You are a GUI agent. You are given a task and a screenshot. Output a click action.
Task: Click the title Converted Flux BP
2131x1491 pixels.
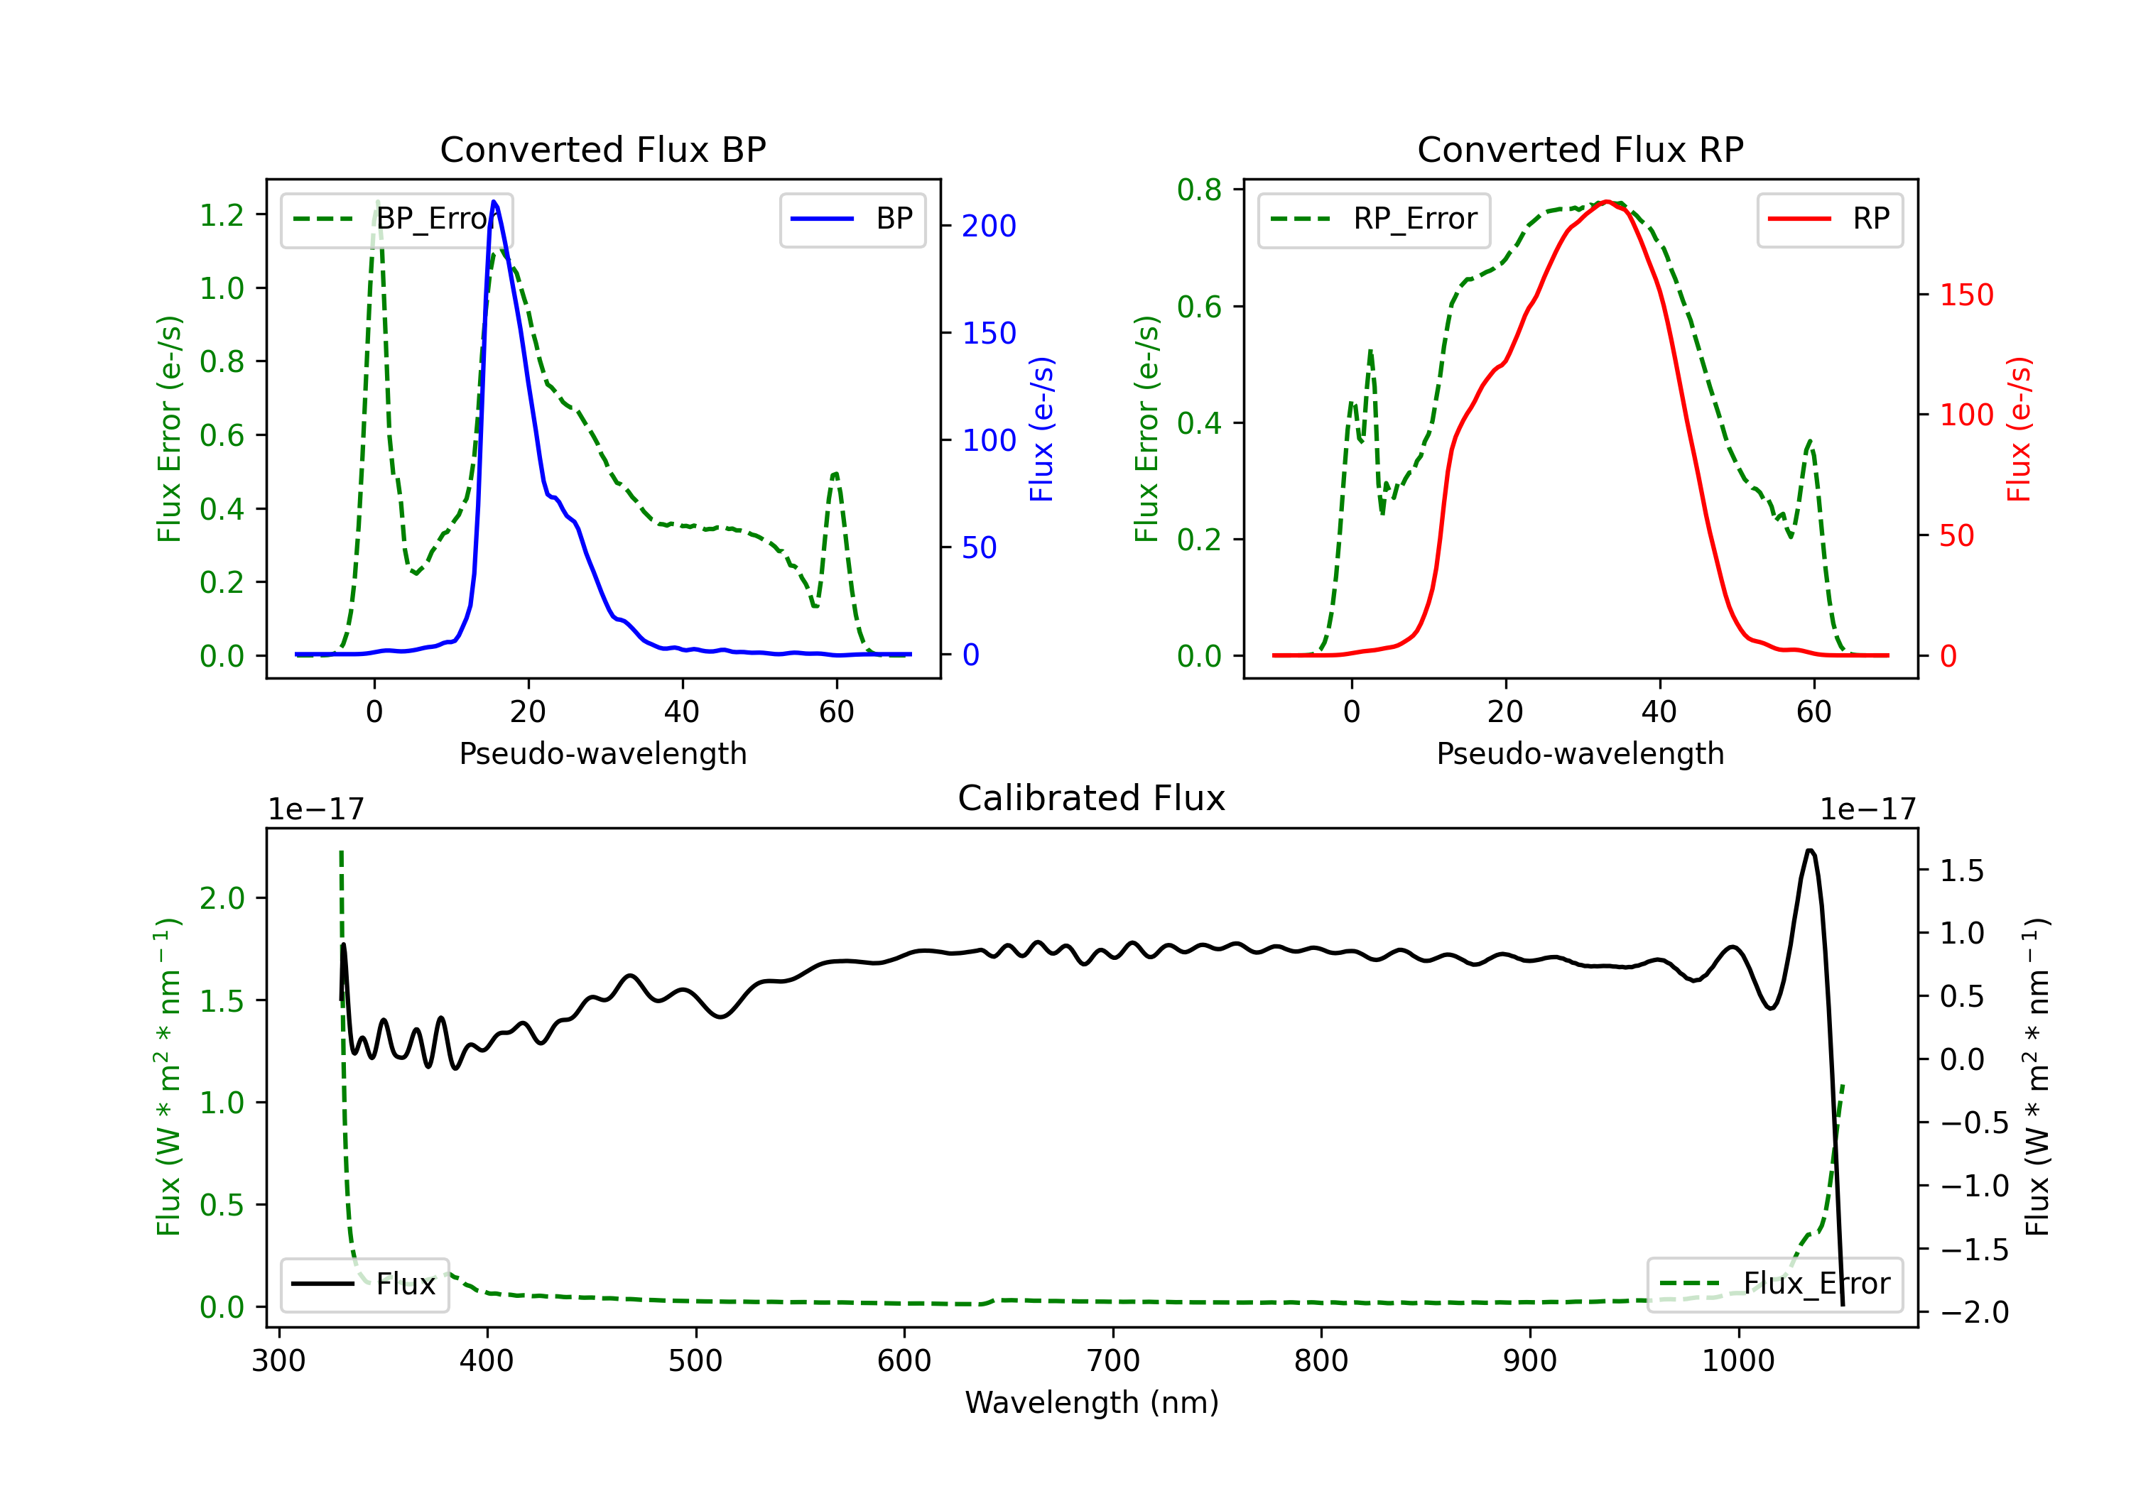(602, 149)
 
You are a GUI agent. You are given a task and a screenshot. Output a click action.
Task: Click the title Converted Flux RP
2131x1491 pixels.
(1580, 149)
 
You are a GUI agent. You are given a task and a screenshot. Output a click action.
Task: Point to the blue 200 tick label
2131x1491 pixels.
(989, 226)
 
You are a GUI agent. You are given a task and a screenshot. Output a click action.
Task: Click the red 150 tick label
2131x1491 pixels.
(1965, 295)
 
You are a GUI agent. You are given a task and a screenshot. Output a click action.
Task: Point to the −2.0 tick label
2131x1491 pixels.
(1973, 1312)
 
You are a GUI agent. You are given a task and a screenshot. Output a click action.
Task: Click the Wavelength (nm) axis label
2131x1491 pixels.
(1092, 1402)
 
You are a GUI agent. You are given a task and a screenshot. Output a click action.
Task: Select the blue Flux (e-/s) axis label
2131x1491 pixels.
(1041, 429)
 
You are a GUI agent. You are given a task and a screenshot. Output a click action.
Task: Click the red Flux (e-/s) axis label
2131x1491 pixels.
(2019, 429)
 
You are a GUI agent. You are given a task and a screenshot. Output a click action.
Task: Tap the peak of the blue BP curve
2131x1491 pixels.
(494, 202)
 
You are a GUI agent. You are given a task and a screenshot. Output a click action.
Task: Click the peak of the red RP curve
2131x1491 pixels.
(1607, 202)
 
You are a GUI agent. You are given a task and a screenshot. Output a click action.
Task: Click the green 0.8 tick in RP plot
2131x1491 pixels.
(1199, 190)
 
